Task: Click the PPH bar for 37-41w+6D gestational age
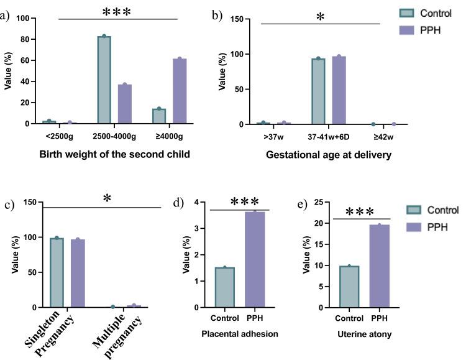coord(339,90)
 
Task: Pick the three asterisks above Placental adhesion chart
coord(239,203)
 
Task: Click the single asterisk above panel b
coord(319,17)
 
